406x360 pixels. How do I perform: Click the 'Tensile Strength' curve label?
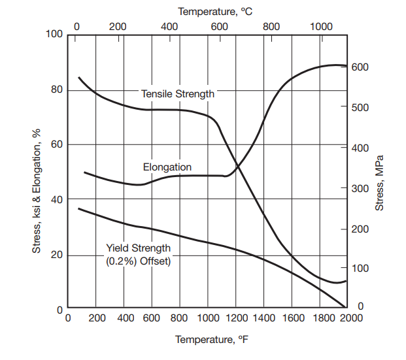coord(178,94)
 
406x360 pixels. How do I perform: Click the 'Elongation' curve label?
coord(167,167)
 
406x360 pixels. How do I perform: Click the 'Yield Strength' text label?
coord(138,248)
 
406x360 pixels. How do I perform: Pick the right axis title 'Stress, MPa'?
coord(380,183)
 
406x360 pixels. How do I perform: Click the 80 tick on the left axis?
coord(57,90)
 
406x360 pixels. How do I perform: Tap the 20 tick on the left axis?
coord(57,255)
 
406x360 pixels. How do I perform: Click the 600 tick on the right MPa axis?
coord(360,67)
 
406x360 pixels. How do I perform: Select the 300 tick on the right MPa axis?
coord(360,189)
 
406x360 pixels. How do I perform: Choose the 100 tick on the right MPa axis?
coord(360,269)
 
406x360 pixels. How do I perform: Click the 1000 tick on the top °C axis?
coord(321,27)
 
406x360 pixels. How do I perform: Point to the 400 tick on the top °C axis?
coord(169,27)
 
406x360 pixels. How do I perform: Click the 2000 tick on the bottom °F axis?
coord(347,318)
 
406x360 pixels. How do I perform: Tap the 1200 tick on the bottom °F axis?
coord(236,318)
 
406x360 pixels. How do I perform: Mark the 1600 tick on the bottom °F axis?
coord(292,318)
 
